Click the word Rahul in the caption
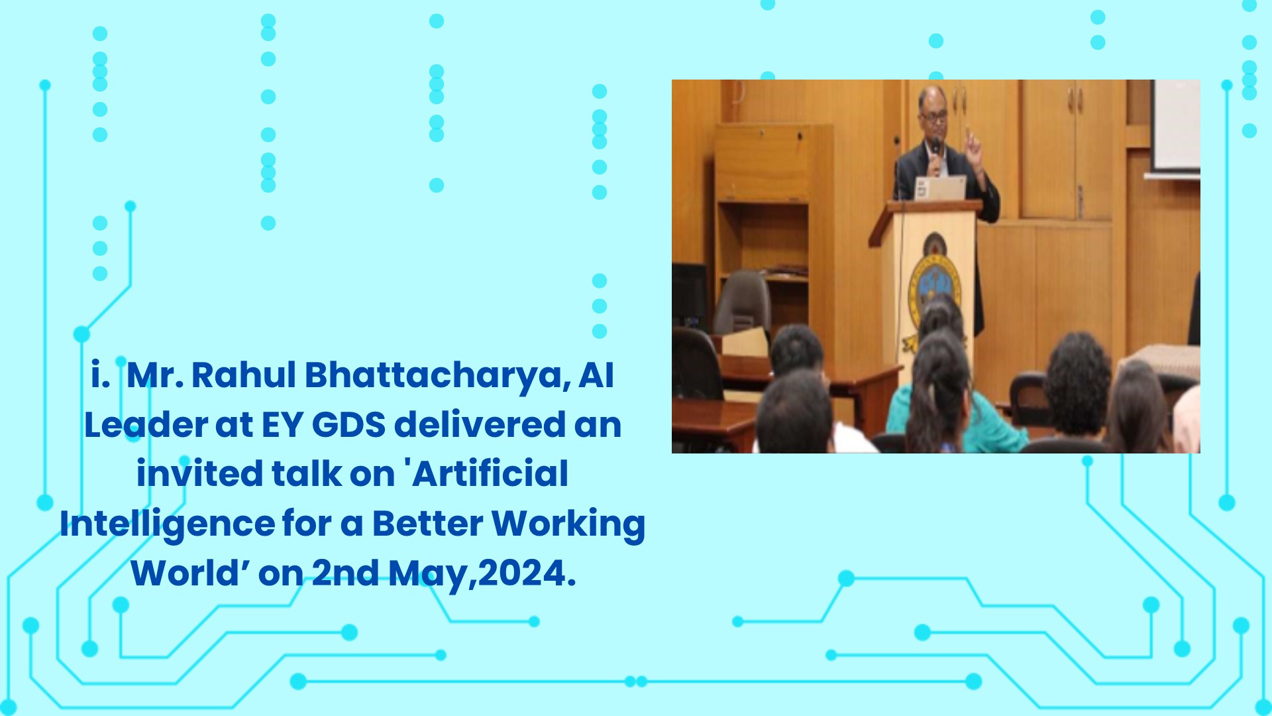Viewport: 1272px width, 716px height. pyautogui.click(x=244, y=375)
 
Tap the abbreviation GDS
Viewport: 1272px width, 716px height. pyautogui.click(x=348, y=425)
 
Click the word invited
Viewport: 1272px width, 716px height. pyautogui.click(x=200, y=473)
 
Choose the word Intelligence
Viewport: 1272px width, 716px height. pyautogui.click(x=168, y=524)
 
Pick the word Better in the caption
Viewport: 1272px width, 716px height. pyautogui.click(x=428, y=523)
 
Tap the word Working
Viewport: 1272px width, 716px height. pyautogui.click(x=568, y=524)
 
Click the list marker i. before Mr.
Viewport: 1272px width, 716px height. pyautogui.click(x=100, y=375)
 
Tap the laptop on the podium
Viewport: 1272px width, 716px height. pyautogui.click(x=939, y=188)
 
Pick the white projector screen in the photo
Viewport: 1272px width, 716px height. pyautogui.click(x=1177, y=125)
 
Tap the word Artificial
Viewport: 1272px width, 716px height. pyautogui.click(x=490, y=473)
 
